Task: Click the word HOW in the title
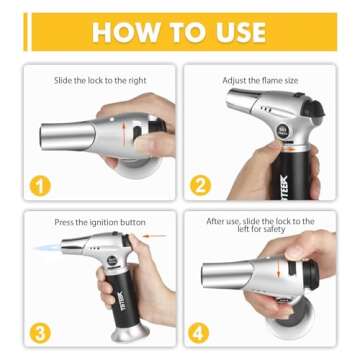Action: (x=125, y=32)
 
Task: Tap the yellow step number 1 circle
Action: (x=39, y=185)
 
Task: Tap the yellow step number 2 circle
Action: (x=200, y=185)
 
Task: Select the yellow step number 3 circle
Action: (x=39, y=331)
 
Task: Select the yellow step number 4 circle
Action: (x=200, y=331)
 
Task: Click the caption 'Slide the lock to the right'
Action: (x=100, y=80)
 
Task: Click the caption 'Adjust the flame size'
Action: (x=259, y=80)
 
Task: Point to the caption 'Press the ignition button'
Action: (x=100, y=222)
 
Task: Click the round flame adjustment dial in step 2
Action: (x=283, y=131)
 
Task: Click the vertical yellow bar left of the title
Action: (x=26, y=32)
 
